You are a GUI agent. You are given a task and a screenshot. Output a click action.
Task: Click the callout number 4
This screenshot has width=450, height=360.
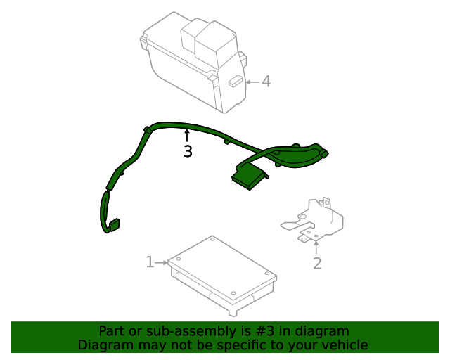click(266, 82)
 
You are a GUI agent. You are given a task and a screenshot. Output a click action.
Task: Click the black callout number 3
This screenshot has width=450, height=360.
click(188, 151)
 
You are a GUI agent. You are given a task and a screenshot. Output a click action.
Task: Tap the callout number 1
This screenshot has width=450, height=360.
click(150, 262)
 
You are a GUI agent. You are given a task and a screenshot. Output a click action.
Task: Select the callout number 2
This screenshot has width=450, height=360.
click(317, 264)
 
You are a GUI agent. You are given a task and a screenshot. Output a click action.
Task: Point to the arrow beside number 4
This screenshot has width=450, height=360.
click(252, 82)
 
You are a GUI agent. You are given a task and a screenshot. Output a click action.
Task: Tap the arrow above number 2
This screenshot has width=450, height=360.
click(316, 247)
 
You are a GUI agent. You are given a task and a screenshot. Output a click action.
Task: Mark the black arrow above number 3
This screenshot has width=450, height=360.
click(187, 135)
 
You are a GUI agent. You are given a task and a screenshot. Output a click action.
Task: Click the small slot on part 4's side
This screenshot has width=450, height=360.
click(235, 81)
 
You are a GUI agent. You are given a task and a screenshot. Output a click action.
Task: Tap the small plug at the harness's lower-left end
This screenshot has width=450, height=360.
click(112, 226)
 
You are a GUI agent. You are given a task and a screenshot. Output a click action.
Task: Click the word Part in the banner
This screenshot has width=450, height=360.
click(111, 331)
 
